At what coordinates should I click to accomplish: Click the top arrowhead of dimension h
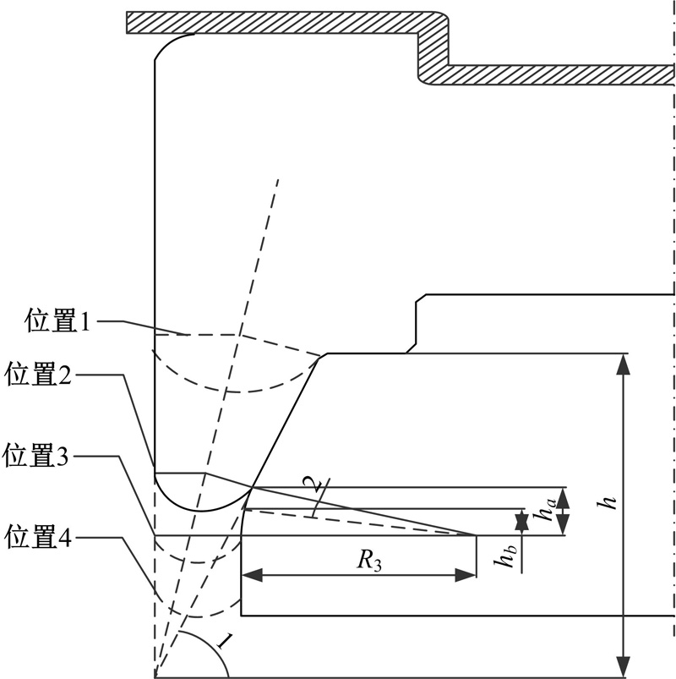click(x=624, y=361)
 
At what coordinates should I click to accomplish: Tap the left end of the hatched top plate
click(x=132, y=22)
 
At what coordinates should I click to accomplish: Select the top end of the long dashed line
click(x=276, y=180)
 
